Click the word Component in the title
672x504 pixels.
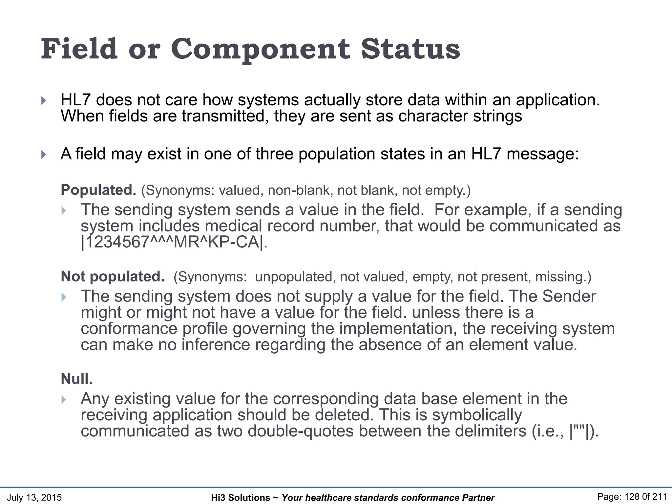(x=261, y=49)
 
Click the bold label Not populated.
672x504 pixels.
(x=113, y=277)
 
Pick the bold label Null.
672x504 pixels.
(x=77, y=379)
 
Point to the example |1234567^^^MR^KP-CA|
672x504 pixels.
(x=174, y=242)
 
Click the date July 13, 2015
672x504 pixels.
(x=34, y=497)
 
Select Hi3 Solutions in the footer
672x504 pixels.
(x=241, y=498)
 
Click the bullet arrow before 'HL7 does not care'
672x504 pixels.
(x=44, y=100)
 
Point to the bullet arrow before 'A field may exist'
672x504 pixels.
(x=44, y=155)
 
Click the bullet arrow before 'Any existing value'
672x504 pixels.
(x=64, y=399)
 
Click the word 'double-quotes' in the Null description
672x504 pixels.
(x=301, y=431)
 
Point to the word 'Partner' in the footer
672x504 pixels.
(x=478, y=498)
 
